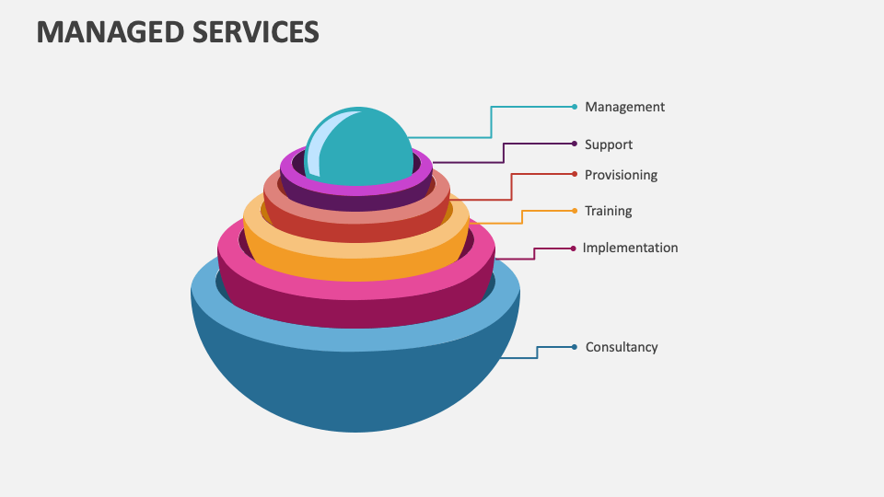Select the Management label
coord(624,107)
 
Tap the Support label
coord(609,144)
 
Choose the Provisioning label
coord(621,175)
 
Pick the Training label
coord(609,211)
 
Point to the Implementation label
coord(630,248)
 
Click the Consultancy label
coord(622,347)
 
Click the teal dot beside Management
coord(575,107)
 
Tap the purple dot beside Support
coord(575,144)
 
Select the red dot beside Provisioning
coord(575,174)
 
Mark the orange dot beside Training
coord(575,211)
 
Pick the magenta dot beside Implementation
coord(574,248)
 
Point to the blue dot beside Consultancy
coord(575,347)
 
